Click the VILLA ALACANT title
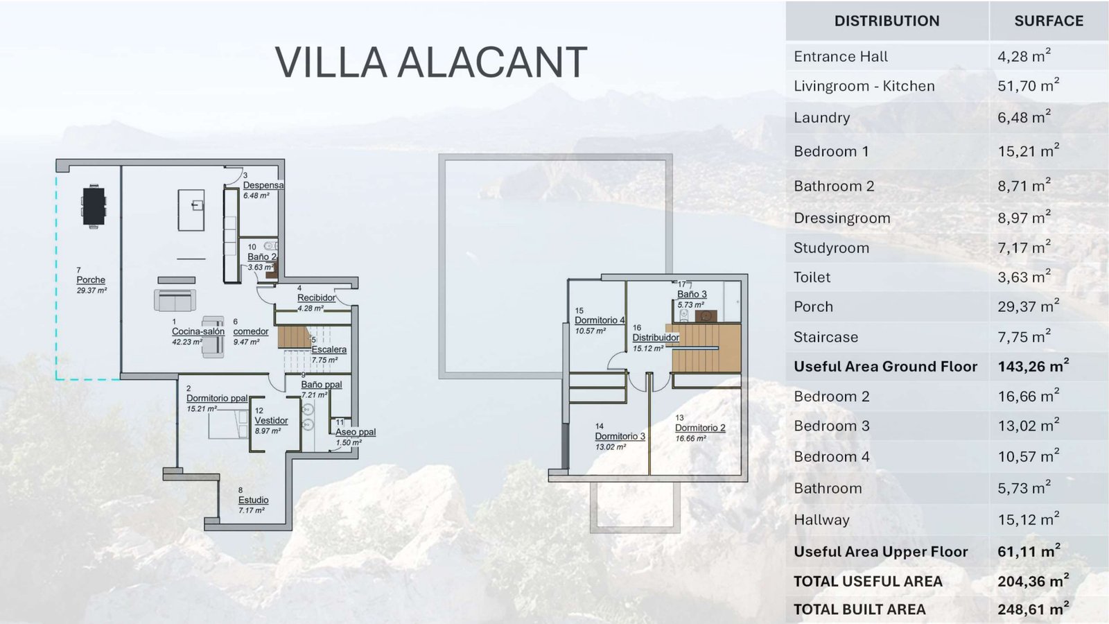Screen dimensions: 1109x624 point(430,62)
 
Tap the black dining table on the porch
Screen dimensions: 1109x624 point(94,207)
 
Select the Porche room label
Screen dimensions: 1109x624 point(91,280)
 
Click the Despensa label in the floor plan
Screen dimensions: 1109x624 point(263,185)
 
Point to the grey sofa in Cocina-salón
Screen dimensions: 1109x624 point(175,300)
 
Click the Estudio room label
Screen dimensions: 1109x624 point(254,500)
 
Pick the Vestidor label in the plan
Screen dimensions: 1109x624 point(271,420)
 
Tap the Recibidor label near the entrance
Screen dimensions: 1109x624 point(316,297)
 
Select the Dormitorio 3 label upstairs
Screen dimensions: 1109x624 point(620,436)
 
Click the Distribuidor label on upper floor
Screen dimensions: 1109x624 point(656,338)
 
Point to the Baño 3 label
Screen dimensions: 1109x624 point(692,294)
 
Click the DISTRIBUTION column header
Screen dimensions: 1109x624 point(887,21)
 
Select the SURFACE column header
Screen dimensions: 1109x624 point(1049,21)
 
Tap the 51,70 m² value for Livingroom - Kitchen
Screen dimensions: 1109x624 point(1029,85)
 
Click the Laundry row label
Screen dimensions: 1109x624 point(822,118)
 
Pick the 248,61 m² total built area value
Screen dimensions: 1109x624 point(1033,609)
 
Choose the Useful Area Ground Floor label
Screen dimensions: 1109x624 point(886,367)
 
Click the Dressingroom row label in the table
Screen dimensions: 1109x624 point(842,218)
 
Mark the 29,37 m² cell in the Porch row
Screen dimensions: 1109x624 point(1029,306)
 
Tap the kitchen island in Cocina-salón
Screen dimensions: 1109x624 point(191,210)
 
